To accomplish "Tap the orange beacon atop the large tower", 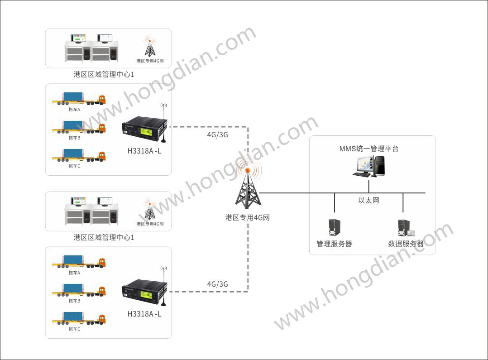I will coord(248,170).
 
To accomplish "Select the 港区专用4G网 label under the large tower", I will coord(248,217).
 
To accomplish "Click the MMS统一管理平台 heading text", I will coord(369,149).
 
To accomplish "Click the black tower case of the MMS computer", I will coord(379,165).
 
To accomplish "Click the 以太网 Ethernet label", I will coord(368,200).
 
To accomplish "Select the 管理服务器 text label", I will coord(334,244).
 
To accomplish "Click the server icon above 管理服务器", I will coord(334,228).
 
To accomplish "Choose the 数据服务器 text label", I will coord(406,244).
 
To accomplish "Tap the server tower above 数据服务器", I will coord(402,228).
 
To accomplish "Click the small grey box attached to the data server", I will coord(411,233).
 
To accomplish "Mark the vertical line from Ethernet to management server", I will coord(334,203).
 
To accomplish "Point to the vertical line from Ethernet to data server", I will coord(402,203).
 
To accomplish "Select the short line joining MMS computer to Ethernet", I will coord(369,185).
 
